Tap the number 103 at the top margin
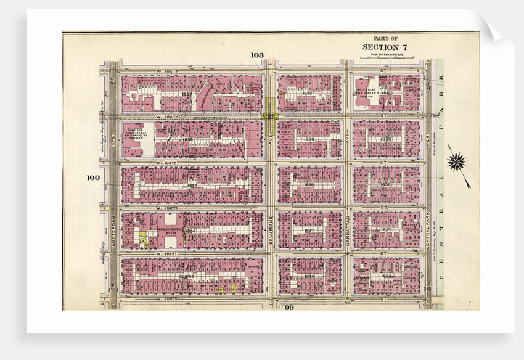[x=257, y=55]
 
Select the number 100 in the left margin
[x=93, y=178]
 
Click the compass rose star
[x=457, y=162]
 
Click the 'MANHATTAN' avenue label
[x=347, y=230]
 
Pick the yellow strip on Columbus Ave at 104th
[x=270, y=115]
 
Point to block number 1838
[x=309, y=184]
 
